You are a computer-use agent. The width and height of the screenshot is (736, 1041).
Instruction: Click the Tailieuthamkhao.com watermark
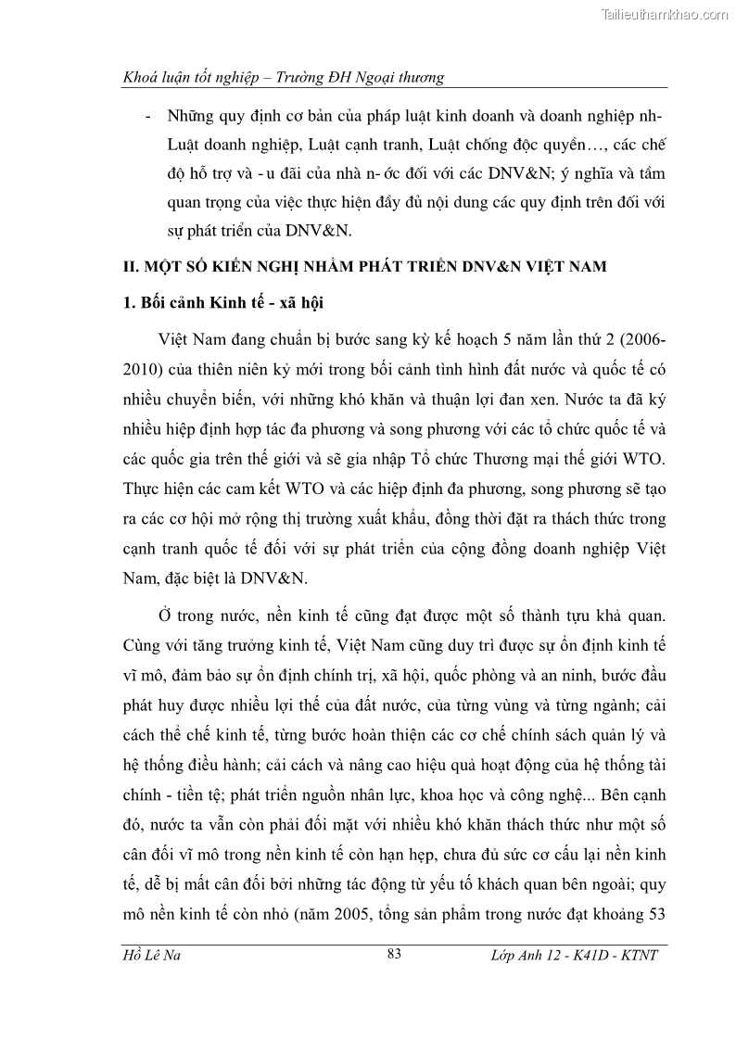coord(665,14)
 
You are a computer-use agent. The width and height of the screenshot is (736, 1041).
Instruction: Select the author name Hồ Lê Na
coord(152,955)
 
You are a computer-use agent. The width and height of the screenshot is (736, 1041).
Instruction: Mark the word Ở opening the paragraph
coord(167,617)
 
